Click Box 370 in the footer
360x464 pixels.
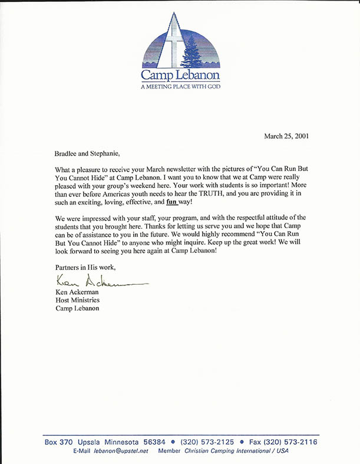click(x=58, y=442)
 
